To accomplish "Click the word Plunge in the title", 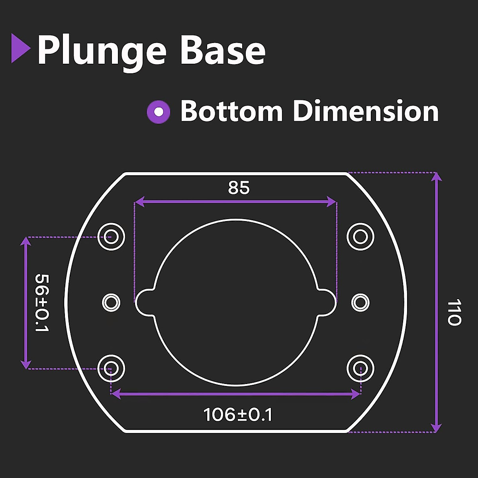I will tap(102, 51).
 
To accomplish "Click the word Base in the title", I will tap(223, 51).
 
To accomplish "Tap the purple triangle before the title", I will tap(20, 49).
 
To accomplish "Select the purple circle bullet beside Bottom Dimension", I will tap(159, 112).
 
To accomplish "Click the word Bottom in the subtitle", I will tap(231, 111).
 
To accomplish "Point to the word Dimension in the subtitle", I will tap(366, 111).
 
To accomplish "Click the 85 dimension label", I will tap(239, 188).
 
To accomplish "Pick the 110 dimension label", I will tap(454, 312).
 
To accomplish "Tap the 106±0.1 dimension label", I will tap(238, 415).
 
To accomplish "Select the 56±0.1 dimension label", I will tap(41, 303).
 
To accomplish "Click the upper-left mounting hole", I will tap(112, 237).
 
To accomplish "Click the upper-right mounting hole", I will tap(360, 237).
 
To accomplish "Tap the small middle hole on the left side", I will tap(111, 303).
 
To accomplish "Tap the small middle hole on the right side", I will tap(360, 303).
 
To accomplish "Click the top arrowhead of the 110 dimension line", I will tap(437, 176).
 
